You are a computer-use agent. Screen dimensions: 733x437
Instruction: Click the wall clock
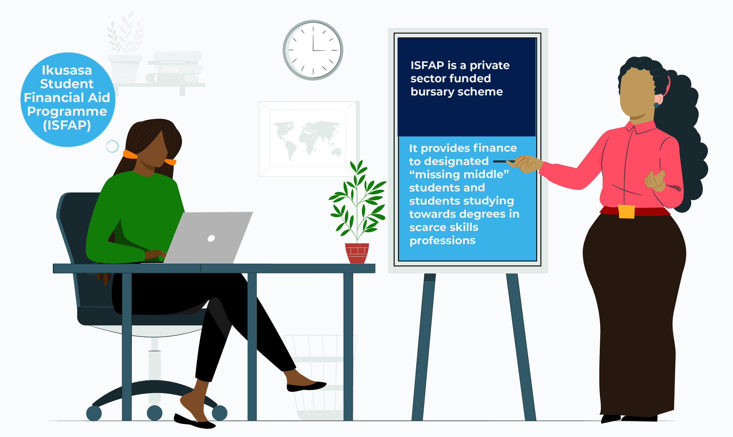click(313, 50)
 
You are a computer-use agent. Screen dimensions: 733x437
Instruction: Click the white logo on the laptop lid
click(211, 238)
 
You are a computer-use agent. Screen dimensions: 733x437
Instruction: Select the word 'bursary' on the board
click(433, 92)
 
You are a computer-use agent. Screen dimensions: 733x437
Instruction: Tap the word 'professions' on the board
click(442, 240)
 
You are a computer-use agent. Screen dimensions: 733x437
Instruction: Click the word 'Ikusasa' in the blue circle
click(67, 70)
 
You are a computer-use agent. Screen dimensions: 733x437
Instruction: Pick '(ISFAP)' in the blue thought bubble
click(67, 125)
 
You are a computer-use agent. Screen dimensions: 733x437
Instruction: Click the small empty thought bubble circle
click(112, 146)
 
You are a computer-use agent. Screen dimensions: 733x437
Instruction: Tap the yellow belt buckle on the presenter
click(626, 211)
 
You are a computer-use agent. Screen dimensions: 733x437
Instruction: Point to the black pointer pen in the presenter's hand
click(504, 161)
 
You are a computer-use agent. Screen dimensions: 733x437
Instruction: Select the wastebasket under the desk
click(321, 377)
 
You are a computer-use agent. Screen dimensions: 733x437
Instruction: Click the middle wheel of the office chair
click(155, 413)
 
